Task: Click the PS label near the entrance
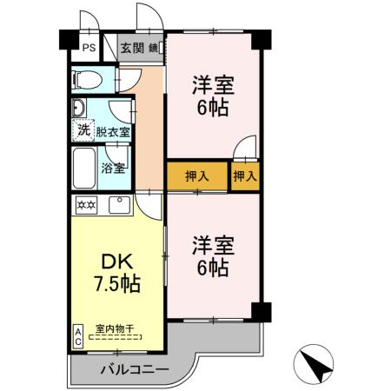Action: point(89,49)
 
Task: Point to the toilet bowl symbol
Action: point(87,81)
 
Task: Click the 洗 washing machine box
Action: point(83,131)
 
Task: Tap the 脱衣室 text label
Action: point(113,132)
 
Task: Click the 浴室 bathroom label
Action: point(112,168)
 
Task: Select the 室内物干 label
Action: point(113,328)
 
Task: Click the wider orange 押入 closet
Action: point(197,176)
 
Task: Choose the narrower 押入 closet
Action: point(245,176)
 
